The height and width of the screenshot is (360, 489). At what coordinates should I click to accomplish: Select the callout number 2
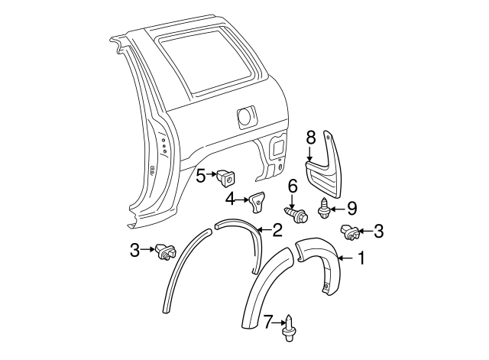tap(277, 230)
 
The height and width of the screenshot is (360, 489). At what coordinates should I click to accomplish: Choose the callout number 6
tap(292, 185)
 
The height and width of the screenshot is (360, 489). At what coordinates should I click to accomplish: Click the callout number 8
tap(310, 138)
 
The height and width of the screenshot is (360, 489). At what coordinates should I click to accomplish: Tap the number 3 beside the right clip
tap(380, 231)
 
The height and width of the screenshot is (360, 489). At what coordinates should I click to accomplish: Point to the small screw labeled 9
tap(326, 208)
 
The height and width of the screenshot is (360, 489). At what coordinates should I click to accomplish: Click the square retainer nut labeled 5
tap(226, 177)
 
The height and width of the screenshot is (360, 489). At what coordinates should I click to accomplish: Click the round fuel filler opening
tap(247, 116)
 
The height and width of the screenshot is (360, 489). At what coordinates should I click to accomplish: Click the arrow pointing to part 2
tap(262, 229)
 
